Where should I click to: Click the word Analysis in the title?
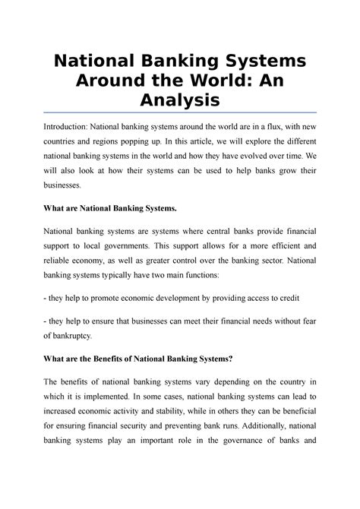(180, 99)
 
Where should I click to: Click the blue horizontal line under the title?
(180, 112)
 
